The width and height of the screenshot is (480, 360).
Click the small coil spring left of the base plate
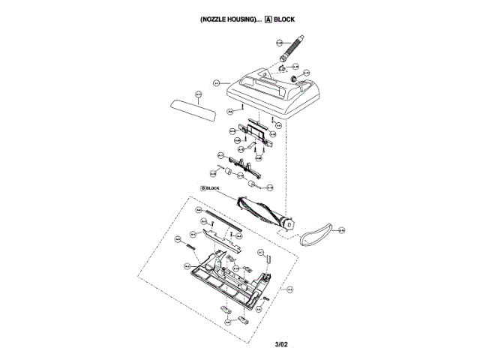(192, 246)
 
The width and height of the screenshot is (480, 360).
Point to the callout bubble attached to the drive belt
(340, 229)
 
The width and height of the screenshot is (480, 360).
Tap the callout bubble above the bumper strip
(199, 94)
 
